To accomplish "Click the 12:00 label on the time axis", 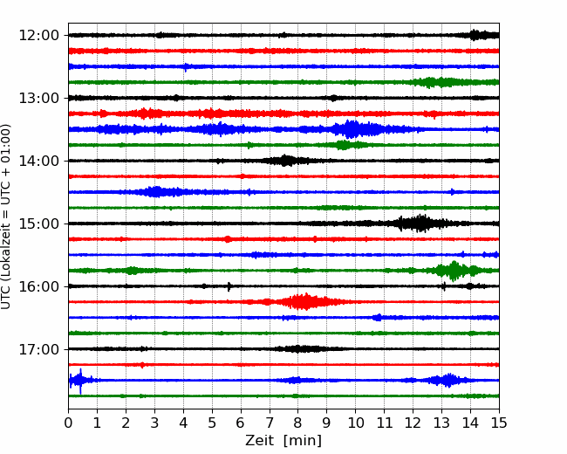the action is [x=38, y=36].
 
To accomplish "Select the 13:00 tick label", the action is [x=38, y=98].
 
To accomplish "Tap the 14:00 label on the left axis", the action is [x=38, y=161].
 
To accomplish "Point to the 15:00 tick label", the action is [x=38, y=224].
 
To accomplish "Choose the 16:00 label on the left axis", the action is [x=38, y=286].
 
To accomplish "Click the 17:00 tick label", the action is [x=38, y=349].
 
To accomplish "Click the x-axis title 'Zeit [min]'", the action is [x=283, y=441].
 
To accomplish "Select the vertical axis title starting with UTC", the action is [x=6, y=217].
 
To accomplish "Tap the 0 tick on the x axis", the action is [x=68, y=423].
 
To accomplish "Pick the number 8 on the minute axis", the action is [x=298, y=423].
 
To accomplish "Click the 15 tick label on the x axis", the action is [x=499, y=423].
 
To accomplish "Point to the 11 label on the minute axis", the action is [x=385, y=423].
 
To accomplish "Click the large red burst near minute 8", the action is [x=304, y=301].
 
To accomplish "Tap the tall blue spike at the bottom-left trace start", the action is [x=80, y=381].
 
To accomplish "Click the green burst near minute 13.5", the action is [x=454, y=271].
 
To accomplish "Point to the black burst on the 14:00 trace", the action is [x=285, y=161].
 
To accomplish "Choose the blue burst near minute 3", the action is [x=156, y=191].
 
